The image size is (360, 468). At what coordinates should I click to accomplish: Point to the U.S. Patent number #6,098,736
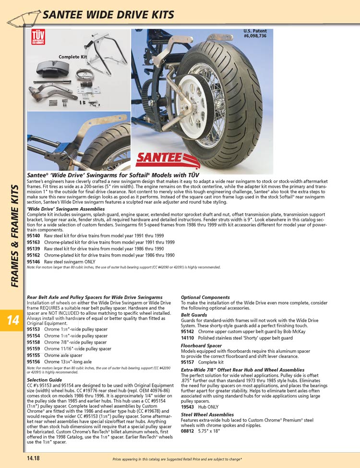254,36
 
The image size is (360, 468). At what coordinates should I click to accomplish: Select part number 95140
33,236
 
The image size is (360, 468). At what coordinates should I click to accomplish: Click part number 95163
33,243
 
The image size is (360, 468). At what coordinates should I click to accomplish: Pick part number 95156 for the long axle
33,361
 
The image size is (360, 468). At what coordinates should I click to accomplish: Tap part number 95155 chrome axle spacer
33,355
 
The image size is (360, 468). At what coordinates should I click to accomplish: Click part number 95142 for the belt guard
187,332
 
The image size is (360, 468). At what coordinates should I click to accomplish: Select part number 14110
187,338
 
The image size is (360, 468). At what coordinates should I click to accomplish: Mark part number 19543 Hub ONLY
187,406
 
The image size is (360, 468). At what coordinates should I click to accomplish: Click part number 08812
187,431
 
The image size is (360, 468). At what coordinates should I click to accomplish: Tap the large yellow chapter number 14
13,321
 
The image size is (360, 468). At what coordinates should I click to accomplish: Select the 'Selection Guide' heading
44,380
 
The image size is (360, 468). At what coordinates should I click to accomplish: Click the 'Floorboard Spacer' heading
201,345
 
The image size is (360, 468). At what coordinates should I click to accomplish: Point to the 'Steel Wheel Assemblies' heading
207,414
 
